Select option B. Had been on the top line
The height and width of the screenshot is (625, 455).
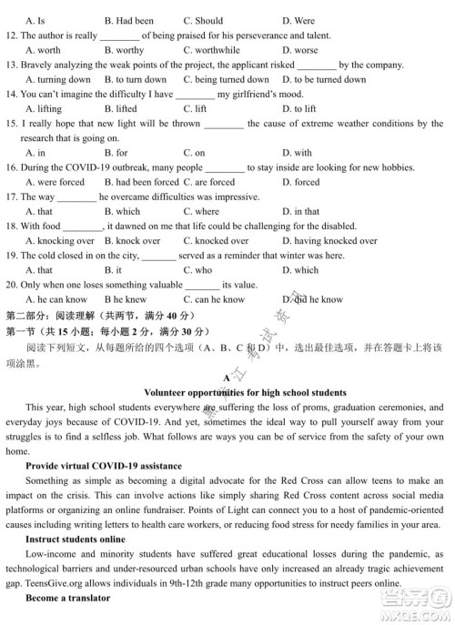tap(128, 21)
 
